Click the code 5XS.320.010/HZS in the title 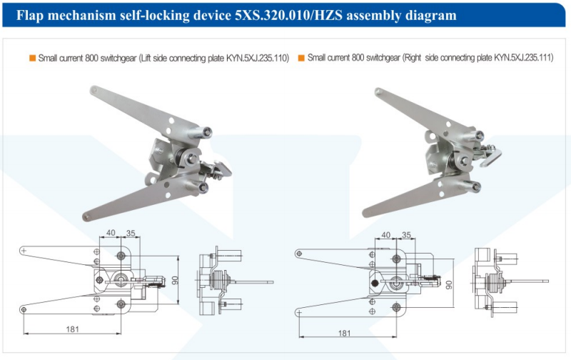click(288, 15)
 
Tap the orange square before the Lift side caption click(32, 58)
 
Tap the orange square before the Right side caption click(301, 58)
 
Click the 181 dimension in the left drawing click(73, 329)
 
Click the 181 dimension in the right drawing click(345, 333)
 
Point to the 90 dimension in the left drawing click(175, 280)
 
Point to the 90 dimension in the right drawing click(449, 284)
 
